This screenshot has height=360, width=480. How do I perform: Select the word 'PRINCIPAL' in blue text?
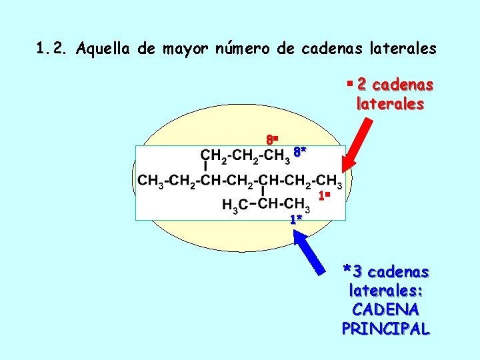click(385, 329)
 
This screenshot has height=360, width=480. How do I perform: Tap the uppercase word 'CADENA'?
click(385, 310)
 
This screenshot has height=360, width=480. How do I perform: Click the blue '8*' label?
click(299, 152)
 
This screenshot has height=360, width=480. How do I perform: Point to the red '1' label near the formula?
click(323, 196)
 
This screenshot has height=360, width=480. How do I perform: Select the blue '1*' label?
click(296, 219)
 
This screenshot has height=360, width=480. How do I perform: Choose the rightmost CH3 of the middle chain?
click(329, 181)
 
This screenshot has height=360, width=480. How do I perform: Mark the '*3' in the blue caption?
click(352, 272)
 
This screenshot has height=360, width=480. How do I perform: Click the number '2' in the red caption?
click(361, 85)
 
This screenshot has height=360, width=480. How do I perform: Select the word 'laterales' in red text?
click(390, 104)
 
